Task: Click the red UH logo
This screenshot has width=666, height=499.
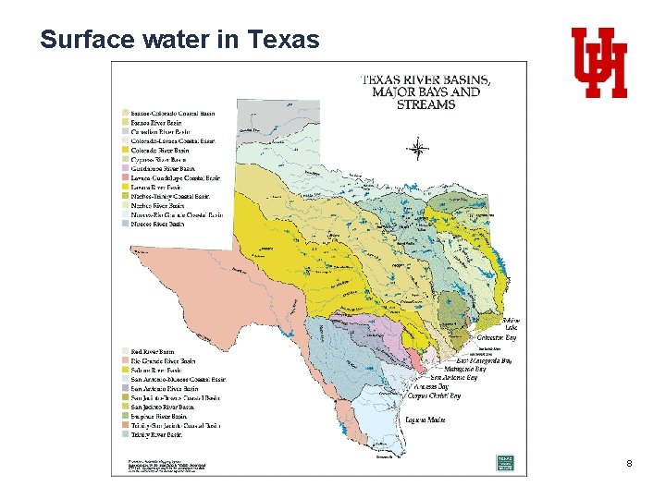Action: [x=598, y=62]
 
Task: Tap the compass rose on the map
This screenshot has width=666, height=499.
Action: [x=419, y=149]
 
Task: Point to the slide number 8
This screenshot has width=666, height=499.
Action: [x=628, y=462]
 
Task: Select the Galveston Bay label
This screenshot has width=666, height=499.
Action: [x=497, y=338]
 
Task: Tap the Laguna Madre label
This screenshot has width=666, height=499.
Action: [x=425, y=420]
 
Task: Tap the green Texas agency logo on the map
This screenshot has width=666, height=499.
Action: [x=505, y=460]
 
